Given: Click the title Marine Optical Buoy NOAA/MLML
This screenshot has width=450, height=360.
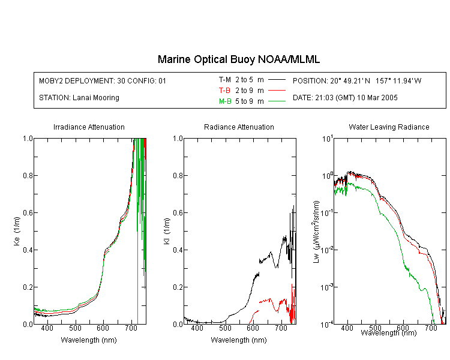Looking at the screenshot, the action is (238, 59).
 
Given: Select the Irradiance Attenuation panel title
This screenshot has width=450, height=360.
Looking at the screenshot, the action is (89, 127).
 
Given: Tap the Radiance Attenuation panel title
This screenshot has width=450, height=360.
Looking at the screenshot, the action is (239, 127).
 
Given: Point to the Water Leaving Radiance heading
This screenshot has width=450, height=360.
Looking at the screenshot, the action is (389, 127).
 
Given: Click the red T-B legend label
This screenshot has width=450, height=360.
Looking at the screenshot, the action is (224, 91).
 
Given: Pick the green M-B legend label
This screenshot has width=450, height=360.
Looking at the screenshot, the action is (225, 101).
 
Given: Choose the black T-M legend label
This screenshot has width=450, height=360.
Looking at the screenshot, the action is (225, 80).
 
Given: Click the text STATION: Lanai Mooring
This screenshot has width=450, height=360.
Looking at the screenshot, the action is (79, 98).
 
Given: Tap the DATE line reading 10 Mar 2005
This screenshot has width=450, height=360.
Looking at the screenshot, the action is (345, 98).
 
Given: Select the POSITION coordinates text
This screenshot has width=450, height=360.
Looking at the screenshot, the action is (357, 80).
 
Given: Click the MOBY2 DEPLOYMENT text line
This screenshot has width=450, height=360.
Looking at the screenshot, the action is (103, 80).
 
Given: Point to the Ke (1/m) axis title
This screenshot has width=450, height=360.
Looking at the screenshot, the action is (17, 232).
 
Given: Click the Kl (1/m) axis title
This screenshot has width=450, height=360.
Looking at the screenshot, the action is (167, 232).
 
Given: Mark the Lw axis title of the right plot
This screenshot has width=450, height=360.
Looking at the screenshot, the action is (316, 232).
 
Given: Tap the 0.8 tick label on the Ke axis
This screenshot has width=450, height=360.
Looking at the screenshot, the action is (28, 175).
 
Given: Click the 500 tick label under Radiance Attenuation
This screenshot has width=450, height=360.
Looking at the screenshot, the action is (225, 328).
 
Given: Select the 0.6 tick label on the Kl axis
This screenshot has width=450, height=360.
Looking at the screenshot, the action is (178, 213).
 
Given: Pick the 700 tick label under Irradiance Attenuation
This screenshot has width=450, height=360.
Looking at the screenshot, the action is (131, 328).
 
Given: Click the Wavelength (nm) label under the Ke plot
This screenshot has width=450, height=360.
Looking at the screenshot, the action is (89, 340).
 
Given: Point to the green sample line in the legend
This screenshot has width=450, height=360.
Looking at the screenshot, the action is (277, 101).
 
